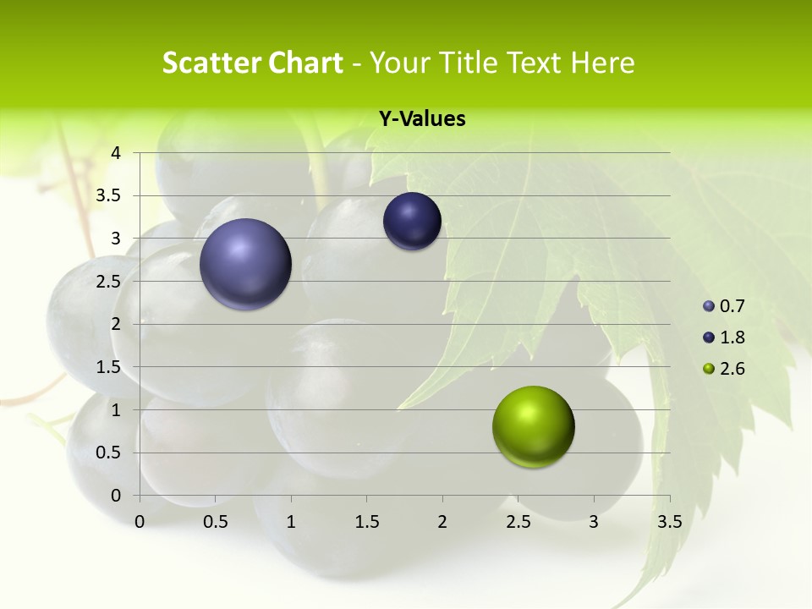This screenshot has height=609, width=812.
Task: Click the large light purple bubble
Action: click(x=245, y=264)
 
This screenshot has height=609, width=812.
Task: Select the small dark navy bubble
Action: click(x=412, y=222)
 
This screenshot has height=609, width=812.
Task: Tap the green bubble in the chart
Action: click(x=533, y=426)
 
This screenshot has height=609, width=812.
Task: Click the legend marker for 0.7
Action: click(x=709, y=306)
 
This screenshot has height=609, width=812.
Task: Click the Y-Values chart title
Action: click(x=422, y=119)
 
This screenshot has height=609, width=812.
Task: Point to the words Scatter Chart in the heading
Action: click(x=252, y=63)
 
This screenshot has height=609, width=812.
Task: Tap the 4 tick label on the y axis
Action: click(x=116, y=153)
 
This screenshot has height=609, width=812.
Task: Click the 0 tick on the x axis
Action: click(x=140, y=522)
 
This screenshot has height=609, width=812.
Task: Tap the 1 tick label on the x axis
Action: click(x=291, y=522)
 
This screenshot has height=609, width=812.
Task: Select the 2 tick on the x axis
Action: click(x=442, y=522)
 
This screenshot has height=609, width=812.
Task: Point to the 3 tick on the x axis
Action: click(x=594, y=522)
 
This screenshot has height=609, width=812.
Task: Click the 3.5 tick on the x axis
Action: click(x=669, y=522)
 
